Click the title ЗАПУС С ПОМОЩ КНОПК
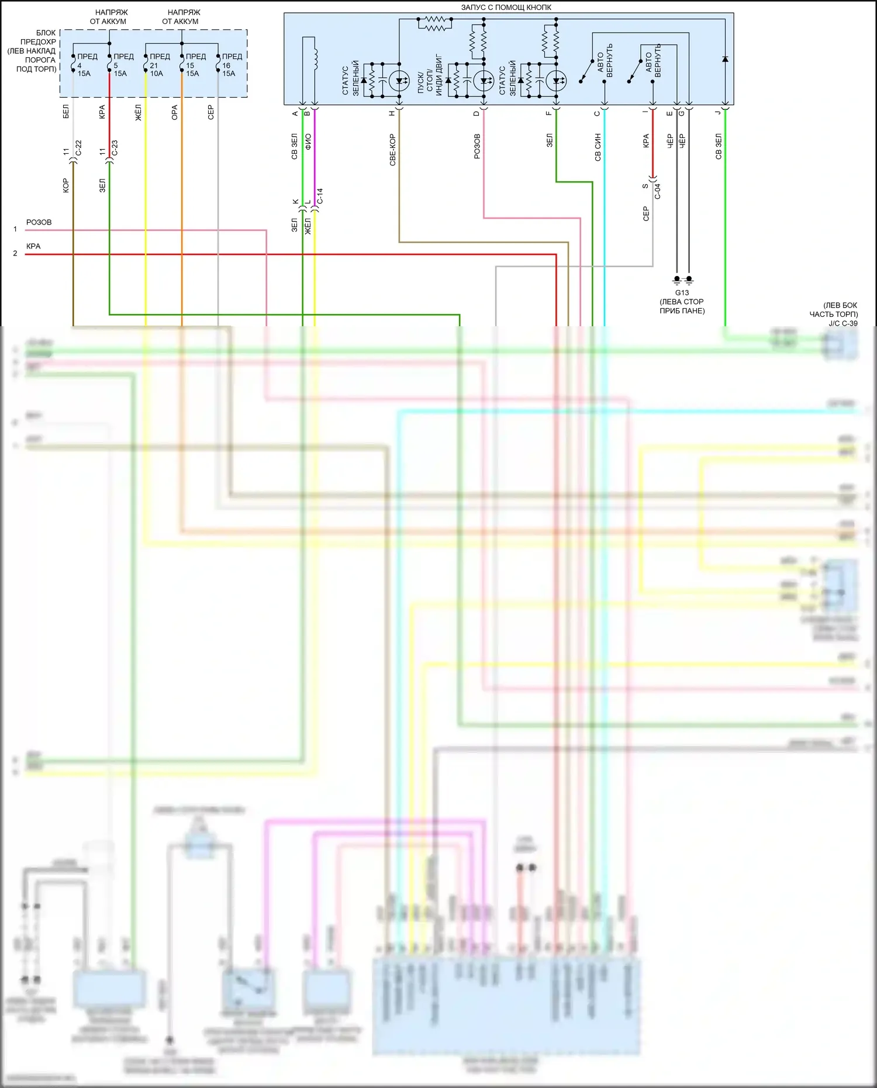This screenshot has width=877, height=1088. [x=506, y=8]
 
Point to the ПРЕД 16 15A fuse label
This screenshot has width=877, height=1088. [x=231, y=65]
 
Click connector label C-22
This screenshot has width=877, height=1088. [x=79, y=148]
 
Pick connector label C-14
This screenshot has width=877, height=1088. [x=320, y=196]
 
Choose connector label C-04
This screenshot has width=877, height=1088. [x=658, y=191]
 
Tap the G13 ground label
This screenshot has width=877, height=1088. [x=682, y=293]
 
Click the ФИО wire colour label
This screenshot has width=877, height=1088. [x=308, y=141]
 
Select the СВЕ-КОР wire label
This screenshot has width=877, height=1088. [x=393, y=150]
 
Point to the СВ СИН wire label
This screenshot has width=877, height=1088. [x=598, y=147]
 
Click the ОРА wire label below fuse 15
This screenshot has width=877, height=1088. [x=174, y=113]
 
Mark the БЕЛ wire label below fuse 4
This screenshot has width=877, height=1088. [x=65, y=112]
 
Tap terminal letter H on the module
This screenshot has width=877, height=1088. [x=392, y=113]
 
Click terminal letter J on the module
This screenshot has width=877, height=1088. [x=718, y=113]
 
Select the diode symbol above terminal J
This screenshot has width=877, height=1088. [x=725, y=59]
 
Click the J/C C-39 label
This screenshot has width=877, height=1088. [x=843, y=323]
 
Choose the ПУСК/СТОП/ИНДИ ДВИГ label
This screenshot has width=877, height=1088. [x=430, y=77]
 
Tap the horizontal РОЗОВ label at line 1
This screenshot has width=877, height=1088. [x=39, y=222]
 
